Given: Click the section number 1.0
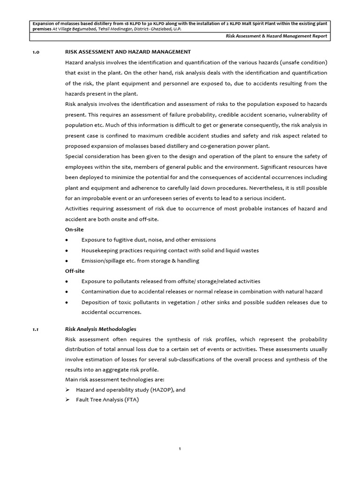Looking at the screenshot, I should pyautogui.click(x=35, y=52).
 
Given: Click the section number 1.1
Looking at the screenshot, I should pyautogui.click(x=35, y=329).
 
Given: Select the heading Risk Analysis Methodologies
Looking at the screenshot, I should pyautogui.click(x=100, y=329).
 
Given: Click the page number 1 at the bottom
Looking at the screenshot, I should pyautogui.click(x=180, y=449).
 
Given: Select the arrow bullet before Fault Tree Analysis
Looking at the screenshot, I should pyautogui.click(x=67, y=400).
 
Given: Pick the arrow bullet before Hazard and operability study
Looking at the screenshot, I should pyautogui.click(x=67, y=390).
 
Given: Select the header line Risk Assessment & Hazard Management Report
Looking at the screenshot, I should pyautogui.click(x=276, y=37).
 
